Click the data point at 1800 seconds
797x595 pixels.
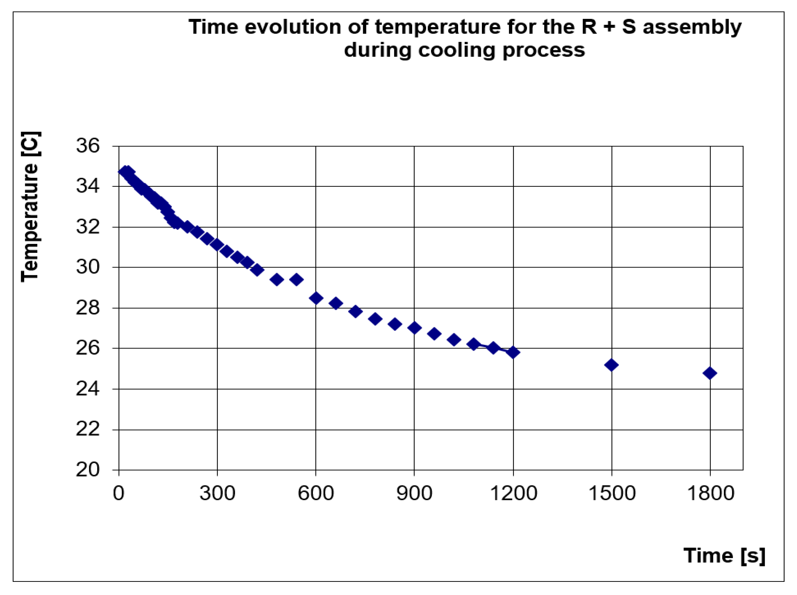(710, 373)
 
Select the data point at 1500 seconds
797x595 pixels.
(611, 365)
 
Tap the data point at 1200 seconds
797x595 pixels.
(513, 352)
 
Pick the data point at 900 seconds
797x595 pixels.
(414, 328)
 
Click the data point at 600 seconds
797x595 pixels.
(316, 298)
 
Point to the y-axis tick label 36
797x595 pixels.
(87, 146)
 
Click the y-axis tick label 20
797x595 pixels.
(87, 470)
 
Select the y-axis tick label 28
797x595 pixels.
(87, 308)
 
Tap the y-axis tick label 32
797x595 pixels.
(87, 227)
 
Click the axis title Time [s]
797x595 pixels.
(724, 556)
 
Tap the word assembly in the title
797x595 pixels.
(692, 27)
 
